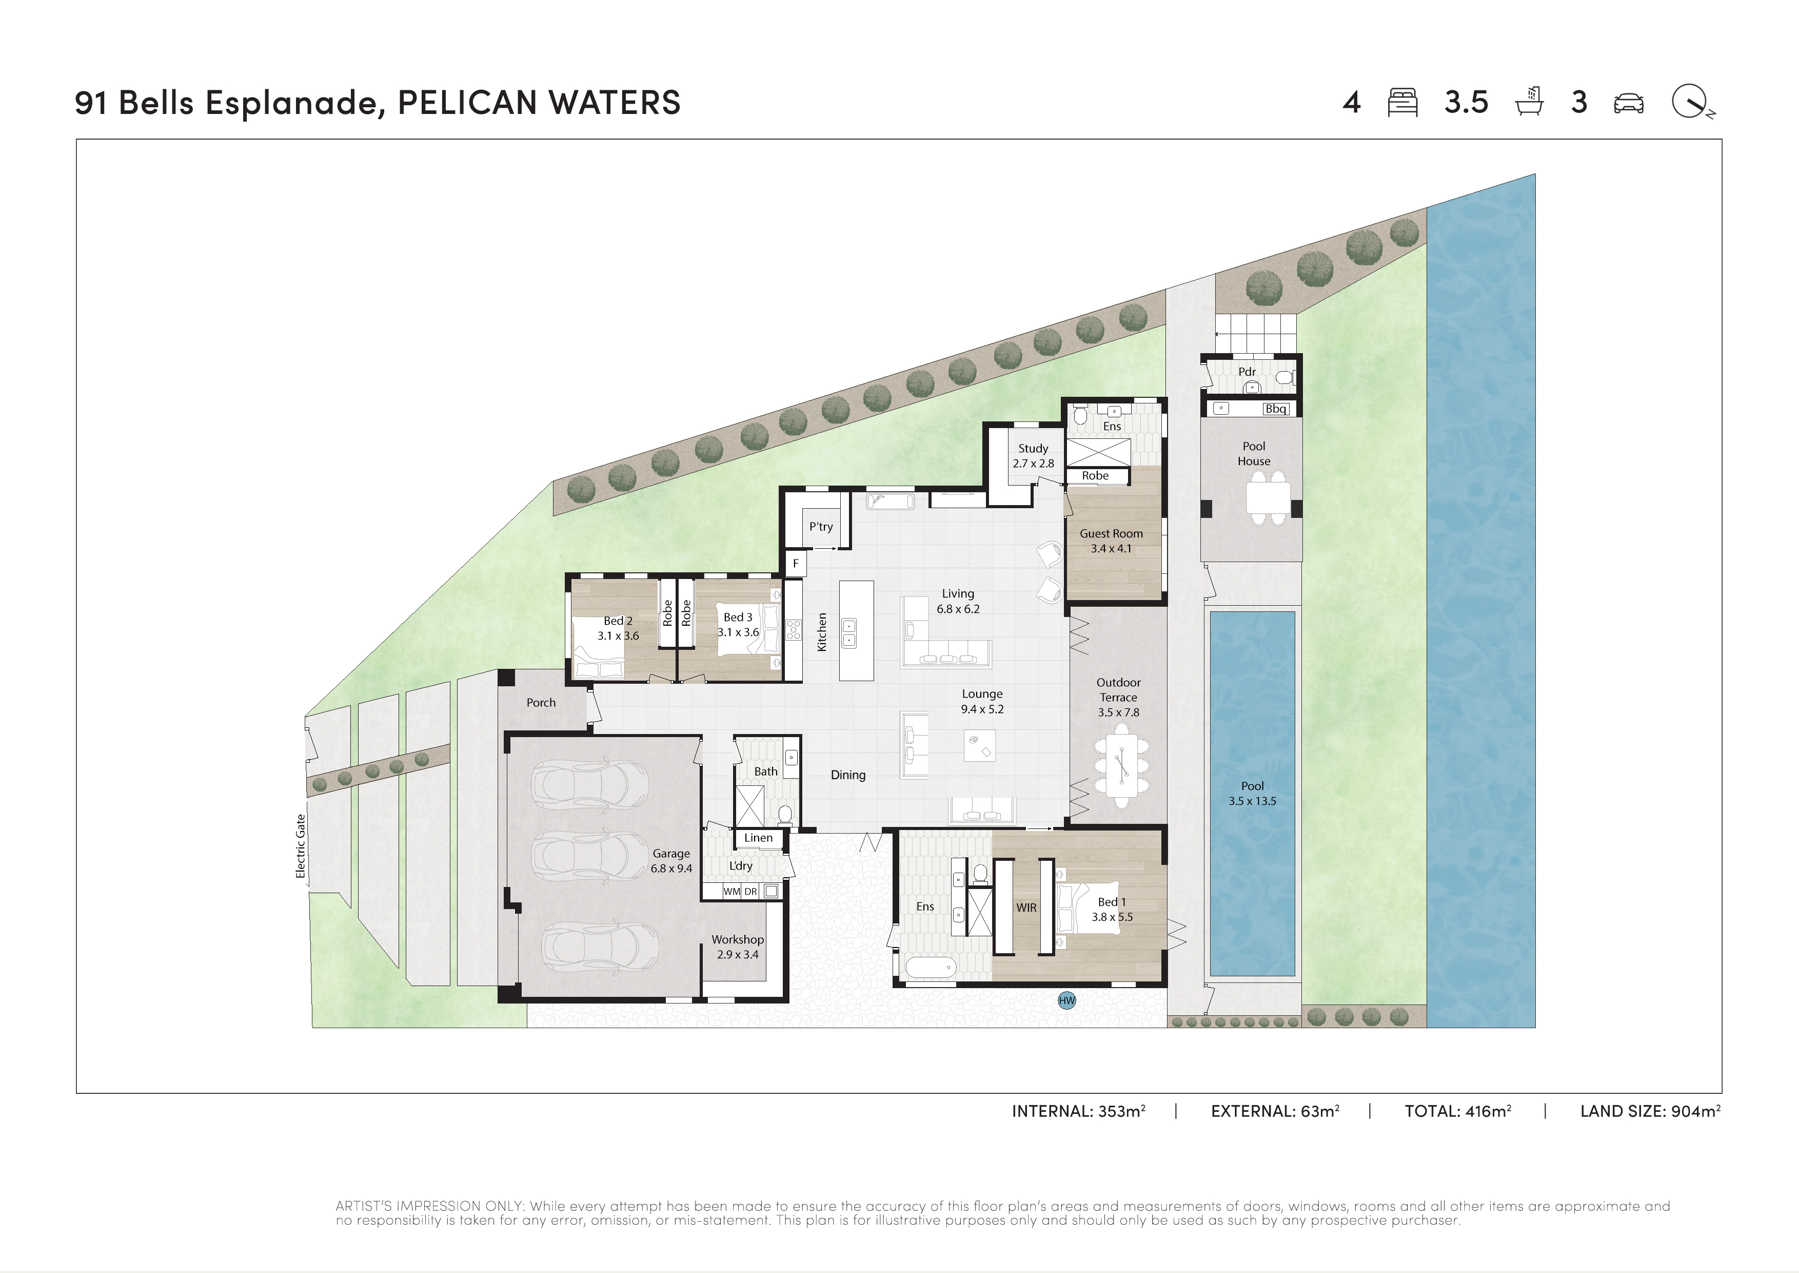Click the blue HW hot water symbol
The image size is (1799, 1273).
point(1066,1000)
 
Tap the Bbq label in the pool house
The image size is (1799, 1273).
point(1276,409)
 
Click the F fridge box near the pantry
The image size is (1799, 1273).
point(795,563)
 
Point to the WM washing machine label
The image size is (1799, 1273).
point(731,891)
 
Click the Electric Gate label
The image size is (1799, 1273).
point(300,846)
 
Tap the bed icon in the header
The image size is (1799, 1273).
point(1402,103)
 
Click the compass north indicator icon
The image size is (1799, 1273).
point(1692,102)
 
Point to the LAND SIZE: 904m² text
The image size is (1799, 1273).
point(1650,1111)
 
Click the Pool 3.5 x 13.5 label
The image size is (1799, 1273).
point(1252,793)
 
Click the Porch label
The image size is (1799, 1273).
point(541,702)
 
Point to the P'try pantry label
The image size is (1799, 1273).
point(821,527)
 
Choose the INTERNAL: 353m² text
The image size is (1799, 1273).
point(1078,1111)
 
